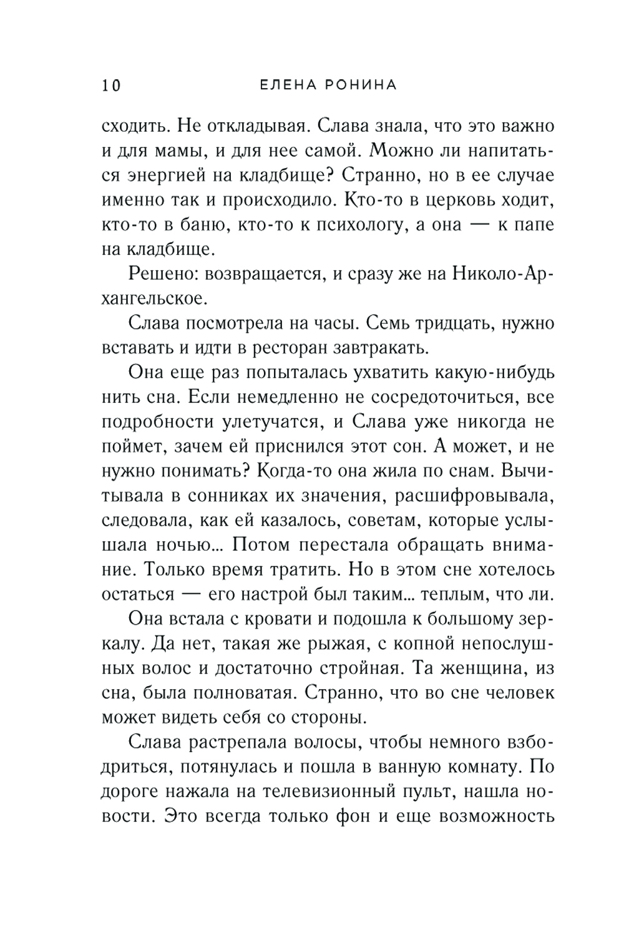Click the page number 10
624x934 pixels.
(x=110, y=85)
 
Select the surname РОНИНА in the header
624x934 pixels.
(x=362, y=85)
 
